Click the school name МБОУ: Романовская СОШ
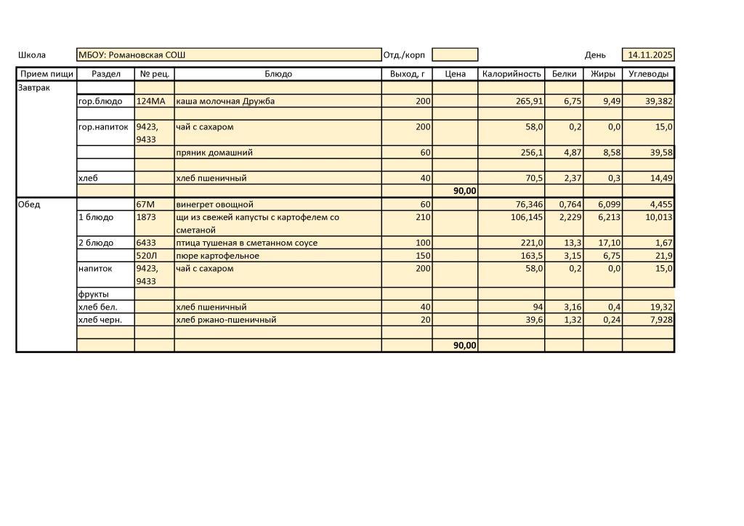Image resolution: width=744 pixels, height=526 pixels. tap(132, 55)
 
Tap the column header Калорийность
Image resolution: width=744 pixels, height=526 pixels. tap(511, 74)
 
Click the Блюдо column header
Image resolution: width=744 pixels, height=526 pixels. tap(278, 74)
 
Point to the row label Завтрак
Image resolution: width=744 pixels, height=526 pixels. tap(33, 87)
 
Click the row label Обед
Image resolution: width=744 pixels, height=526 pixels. tap(29, 205)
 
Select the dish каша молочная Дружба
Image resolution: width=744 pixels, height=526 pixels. tap(225, 102)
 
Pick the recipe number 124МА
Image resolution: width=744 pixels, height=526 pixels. tap(151, 102)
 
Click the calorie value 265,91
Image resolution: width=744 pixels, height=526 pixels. tap(530, 102)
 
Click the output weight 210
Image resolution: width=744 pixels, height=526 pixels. tap(423, 217)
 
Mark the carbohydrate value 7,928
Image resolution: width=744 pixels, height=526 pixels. tap(658, 320)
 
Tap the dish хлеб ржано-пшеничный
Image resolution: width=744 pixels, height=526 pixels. tap(226, 320)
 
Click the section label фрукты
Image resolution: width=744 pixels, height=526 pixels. tap(93, 294)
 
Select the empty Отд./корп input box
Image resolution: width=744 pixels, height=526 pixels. tap(455, 55)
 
